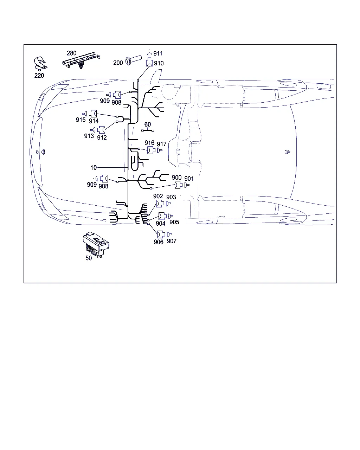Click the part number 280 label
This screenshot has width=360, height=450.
point(71,53)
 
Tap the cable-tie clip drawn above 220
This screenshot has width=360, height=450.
point(40,63)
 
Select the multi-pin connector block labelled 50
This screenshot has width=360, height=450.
point(96,244)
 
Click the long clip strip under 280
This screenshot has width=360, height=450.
point(81,60)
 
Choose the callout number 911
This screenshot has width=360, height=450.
point(158,53)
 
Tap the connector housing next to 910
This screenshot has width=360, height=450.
point(149,63)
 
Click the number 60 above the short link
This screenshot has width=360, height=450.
point(148,124)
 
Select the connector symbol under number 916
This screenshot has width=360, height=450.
point(151,150)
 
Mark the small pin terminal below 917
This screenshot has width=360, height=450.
point(160,150)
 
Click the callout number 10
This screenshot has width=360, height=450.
point(94,167)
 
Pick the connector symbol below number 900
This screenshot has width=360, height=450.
point(178,185)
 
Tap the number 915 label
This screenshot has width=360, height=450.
point(81,120)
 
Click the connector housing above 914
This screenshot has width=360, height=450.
point(93,114)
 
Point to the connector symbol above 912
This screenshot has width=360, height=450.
point(101,130)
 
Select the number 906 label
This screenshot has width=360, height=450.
point(159,242)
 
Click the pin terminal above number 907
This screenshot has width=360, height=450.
point(169,234)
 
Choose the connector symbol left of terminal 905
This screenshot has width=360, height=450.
point(162,216)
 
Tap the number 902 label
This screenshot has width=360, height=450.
point(158,196)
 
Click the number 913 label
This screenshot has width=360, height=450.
point(89,136)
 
